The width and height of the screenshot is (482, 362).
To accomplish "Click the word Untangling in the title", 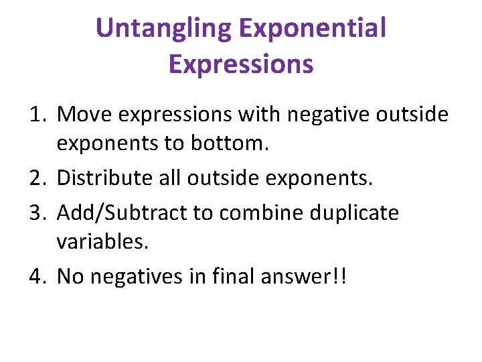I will [163, 29].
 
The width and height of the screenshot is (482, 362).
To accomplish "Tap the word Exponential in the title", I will [312, 29].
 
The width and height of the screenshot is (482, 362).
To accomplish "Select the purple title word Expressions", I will [241, 64].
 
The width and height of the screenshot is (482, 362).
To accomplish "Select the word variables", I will [102, 241].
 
